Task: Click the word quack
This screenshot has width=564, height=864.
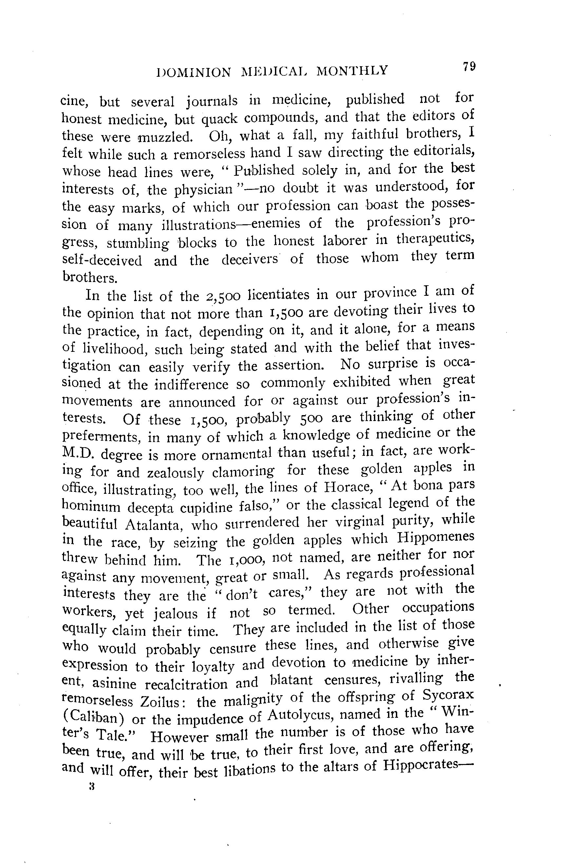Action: click(219, 119)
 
